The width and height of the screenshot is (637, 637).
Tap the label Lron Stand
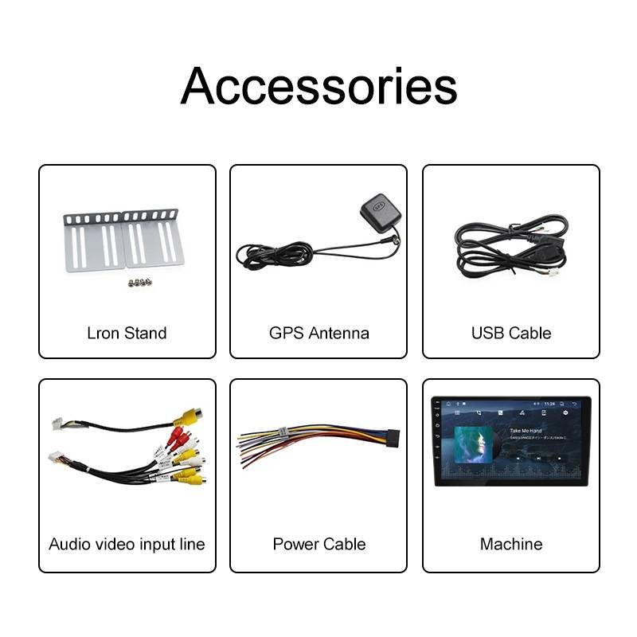point(127,333)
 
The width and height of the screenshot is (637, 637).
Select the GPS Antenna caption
point(318,333)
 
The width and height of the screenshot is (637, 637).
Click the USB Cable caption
point(510,333)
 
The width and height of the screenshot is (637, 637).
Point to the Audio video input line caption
point(127,545)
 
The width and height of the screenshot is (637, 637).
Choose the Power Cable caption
point(318,545)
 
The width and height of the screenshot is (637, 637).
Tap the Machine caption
point(510,545)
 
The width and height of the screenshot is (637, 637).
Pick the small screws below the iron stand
point(141,281)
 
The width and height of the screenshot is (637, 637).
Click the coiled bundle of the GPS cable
point(275,255)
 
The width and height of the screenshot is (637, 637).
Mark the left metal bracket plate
point(94,240)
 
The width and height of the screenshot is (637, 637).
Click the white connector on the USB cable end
point(551,272)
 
